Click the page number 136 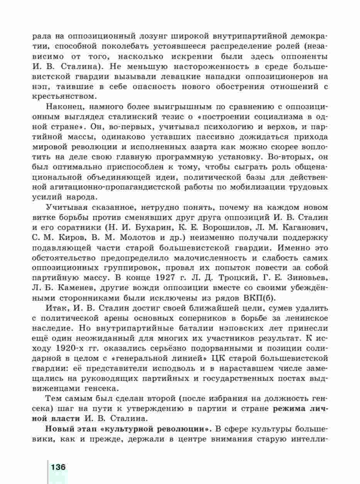coord(57,466)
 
